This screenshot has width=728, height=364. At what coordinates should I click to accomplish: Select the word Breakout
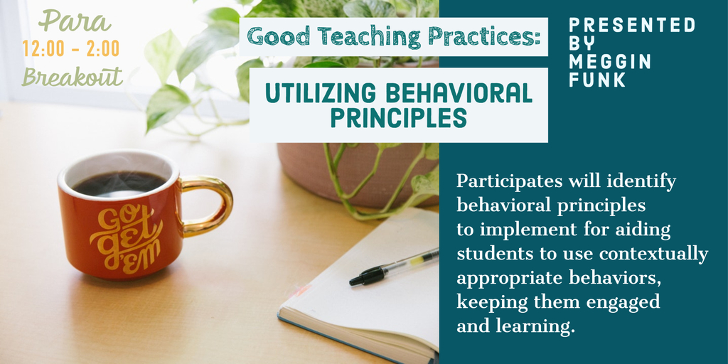pos(72,77)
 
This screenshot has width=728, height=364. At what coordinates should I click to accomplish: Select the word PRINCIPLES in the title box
pos(398,118)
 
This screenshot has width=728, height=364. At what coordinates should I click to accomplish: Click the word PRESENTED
pos(632,26)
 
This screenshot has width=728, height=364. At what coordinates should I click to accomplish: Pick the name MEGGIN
pos(610,63)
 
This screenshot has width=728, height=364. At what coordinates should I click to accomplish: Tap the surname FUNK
pos(597,80)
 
